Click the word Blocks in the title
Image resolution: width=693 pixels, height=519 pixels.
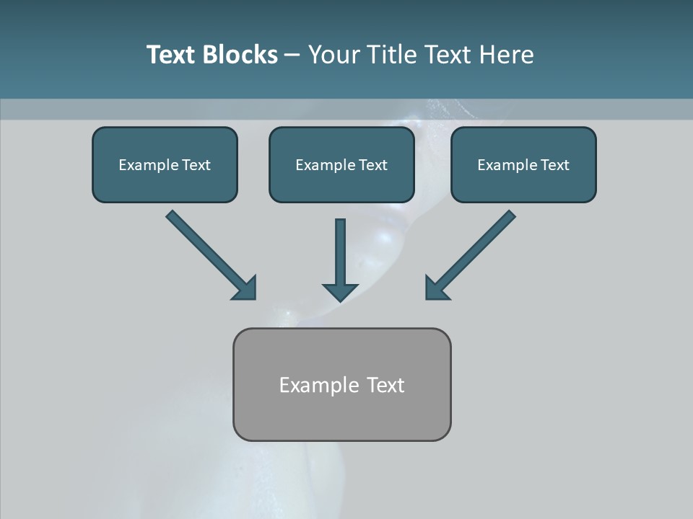point(240,55)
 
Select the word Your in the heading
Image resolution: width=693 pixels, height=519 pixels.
point(333,55)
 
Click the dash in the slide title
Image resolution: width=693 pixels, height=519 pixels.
point(292,56)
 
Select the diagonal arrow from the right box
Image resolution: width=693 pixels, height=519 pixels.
point(476,249)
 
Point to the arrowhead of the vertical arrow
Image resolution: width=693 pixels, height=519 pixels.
point(340,291)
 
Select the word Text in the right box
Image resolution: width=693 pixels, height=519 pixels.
point(554,165)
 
